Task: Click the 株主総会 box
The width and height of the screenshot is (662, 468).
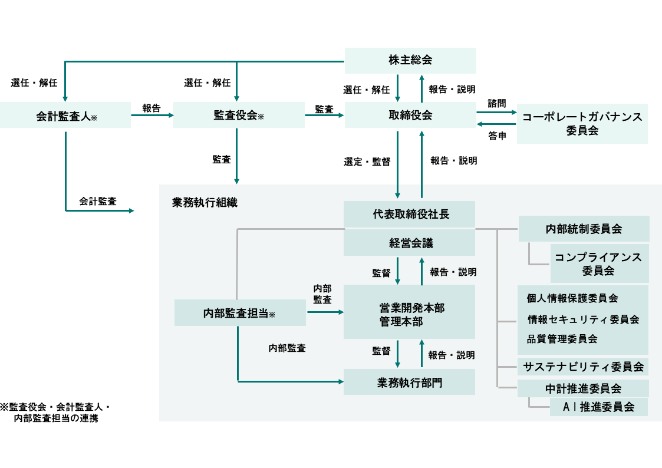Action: click(410, 60)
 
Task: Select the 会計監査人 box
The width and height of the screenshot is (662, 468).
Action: click(65, 116)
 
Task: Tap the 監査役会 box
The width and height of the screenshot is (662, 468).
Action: click(239, 116)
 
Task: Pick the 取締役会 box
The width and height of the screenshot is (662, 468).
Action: click(410, 116)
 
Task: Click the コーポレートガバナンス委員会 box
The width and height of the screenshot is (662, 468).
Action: click(582, 124)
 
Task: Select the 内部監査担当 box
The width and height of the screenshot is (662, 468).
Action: click(240, 313)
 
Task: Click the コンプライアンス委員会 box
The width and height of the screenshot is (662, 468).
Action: click(598, 263)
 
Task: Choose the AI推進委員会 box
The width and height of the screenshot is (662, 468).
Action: click(598, 407)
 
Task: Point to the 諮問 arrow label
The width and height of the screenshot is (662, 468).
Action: click(496, 103)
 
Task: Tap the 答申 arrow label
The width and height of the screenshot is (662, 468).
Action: click(496, 136)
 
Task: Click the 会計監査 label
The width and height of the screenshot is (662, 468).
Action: click(98, 201)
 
